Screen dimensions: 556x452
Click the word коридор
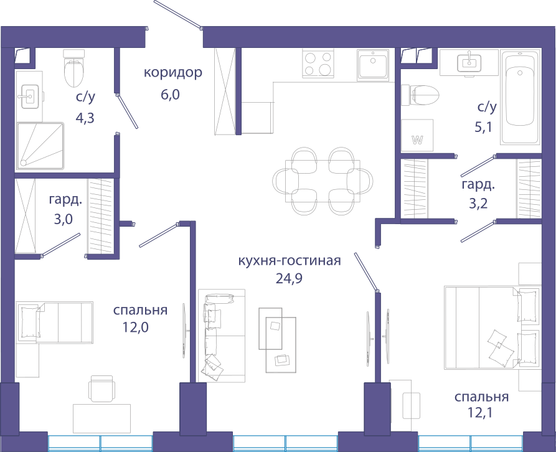pos(173,73)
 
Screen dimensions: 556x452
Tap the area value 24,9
pos(289,279)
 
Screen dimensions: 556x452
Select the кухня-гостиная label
pos(290,261)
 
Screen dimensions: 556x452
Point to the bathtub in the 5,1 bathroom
pos(520,97)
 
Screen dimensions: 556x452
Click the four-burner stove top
pos(318,64)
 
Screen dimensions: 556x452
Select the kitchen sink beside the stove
pos(373,64)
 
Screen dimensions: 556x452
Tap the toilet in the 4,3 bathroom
pos(75,68)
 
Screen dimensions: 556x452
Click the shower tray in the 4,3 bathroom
pos(40,146)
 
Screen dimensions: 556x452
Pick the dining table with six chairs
pos(323,181)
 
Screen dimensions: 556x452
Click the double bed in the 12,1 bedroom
pos(492,328)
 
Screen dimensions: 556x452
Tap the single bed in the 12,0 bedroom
pos(54,323)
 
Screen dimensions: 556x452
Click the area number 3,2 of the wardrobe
pos(478,204)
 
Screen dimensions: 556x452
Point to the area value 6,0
pos(170,95)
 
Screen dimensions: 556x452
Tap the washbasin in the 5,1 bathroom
pos(469,63)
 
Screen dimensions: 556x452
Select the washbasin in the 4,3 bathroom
pos(29,96)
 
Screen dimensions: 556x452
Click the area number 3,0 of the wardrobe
pos(63,219)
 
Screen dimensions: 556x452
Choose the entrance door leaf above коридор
pos(177,14)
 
